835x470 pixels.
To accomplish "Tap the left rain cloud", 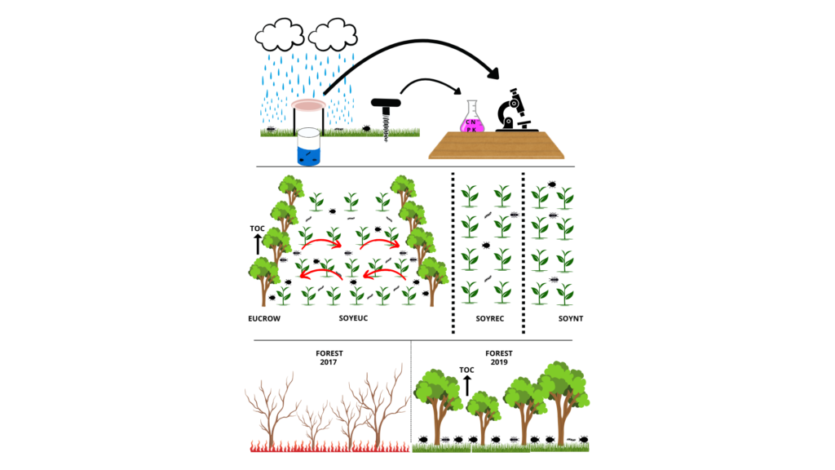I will [280, 35].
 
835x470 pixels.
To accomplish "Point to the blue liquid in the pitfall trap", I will [307, 153].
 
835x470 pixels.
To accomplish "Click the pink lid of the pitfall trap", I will [309, 104].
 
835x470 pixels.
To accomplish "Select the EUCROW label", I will [265, 317].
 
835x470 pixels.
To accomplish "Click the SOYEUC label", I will [353, 317].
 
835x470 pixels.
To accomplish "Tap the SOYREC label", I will [488, 317].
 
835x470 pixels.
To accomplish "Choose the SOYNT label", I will [572, 317].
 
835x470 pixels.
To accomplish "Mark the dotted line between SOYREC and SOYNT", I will [523, 253].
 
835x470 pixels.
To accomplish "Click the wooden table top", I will [497, 145].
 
